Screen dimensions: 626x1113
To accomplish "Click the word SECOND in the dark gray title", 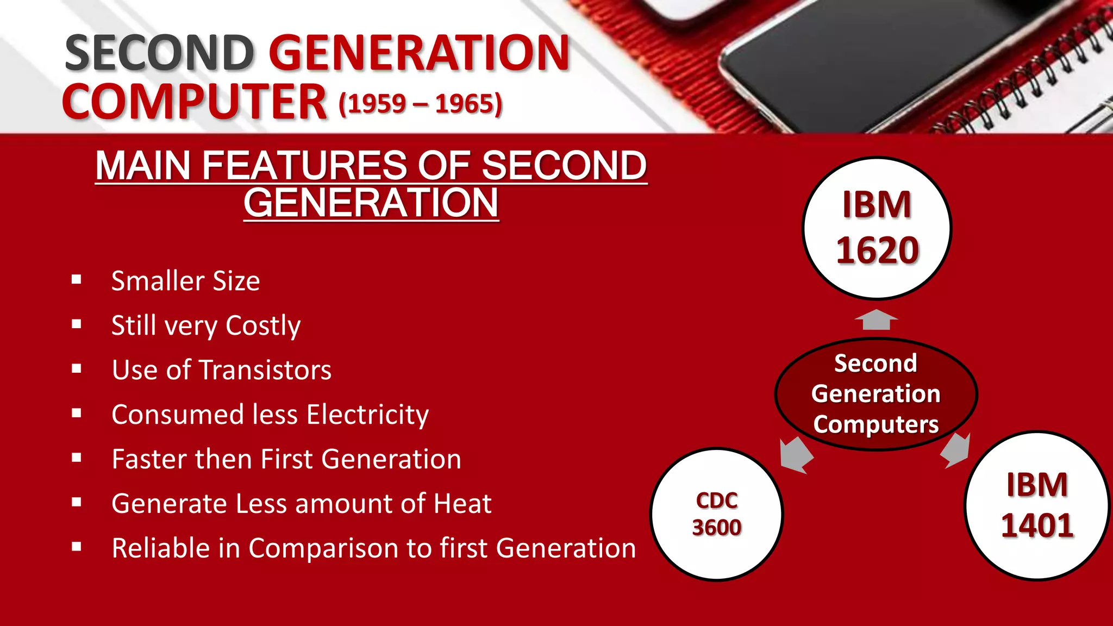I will coord(159,53).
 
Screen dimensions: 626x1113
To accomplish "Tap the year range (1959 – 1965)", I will coord(420,104).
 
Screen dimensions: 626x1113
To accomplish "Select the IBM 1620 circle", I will coord(877,228).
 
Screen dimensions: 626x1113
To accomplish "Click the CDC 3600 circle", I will coord(717,515).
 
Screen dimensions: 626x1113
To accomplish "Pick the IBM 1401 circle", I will coord(1037,506).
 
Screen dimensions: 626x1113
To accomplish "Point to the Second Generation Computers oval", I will coord(876,394).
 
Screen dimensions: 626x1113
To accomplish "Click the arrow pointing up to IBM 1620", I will coord(876,320).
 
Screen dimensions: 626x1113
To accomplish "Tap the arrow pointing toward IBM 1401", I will coord(956,450).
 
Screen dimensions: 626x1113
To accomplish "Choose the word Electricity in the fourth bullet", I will coord(367,415).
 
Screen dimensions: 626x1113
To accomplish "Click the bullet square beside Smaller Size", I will coord(77,280).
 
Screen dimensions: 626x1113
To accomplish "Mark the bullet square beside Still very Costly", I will coord(77,324).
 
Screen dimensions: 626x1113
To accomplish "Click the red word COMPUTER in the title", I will coord(195,102).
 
